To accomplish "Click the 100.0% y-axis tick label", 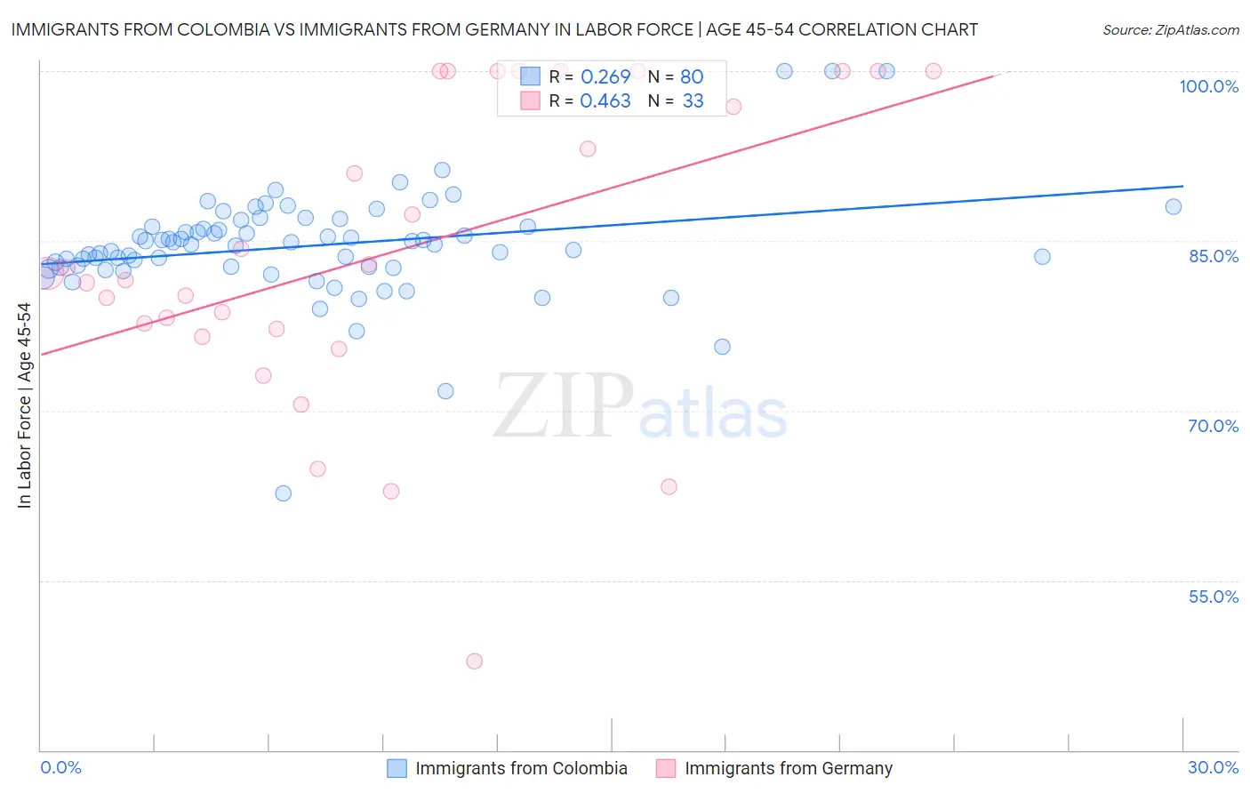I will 1208,86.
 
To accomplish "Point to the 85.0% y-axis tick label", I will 1214,256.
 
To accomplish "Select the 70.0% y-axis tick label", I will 1213,426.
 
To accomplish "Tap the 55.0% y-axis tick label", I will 1213,597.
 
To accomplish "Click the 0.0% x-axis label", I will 60,767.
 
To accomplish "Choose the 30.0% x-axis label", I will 1213,767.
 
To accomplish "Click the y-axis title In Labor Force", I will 24,405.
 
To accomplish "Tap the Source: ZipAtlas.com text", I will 1170,29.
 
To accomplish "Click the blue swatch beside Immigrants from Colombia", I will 397,768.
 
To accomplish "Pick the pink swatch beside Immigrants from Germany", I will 666,768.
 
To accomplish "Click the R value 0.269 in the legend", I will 605,76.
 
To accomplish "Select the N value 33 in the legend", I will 693,101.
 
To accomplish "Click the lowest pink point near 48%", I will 474,661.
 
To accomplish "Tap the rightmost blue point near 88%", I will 1174,207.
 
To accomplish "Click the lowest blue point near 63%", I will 284,493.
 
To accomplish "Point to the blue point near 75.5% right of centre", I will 722,347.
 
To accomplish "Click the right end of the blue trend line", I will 1182,186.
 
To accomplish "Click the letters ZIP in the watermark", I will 563,407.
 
